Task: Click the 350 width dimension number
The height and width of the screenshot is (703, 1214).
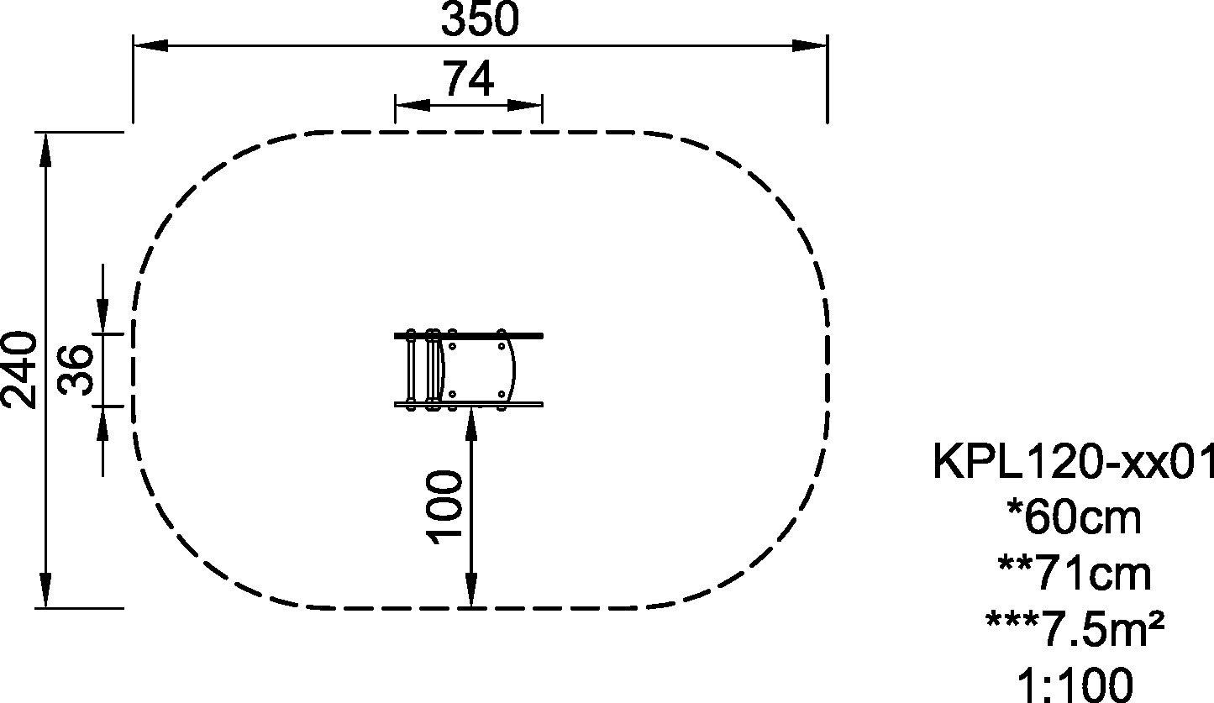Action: pyautogui.click(x=480, y=19)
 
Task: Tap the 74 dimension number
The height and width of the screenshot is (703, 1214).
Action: pyautogui.click(x=469, y=79)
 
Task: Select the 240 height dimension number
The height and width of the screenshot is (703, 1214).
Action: pyautogui.click(x=19, y=370)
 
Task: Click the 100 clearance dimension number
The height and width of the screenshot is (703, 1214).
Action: pyautogui.click(x=444, y=506)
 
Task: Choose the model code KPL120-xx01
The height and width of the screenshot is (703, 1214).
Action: pyautogui.click(x=1073, y=461)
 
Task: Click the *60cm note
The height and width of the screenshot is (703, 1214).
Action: pyautogui.click(x=1075, y=518)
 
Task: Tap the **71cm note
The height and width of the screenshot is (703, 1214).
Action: pyautogui.click(x=1075, y=574)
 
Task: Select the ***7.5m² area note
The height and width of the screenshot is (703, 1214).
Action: pyautogui.click(x=1075, y=629)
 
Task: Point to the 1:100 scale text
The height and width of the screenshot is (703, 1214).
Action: pyautogui.click(x=1075, y=685)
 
